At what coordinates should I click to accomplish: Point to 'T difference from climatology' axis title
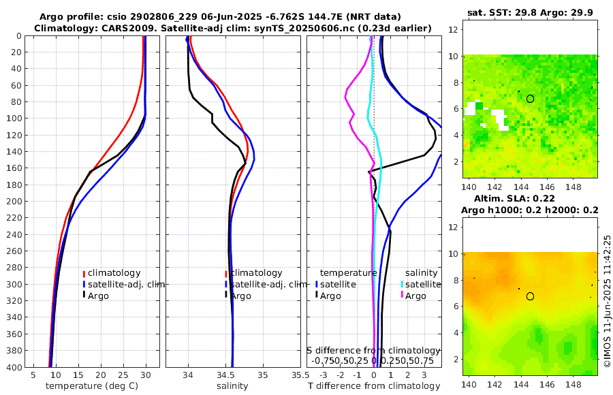point(374,386)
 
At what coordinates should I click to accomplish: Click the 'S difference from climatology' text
point(373,349)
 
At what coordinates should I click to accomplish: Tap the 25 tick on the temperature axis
point(123,375)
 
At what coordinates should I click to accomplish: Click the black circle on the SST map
point(530,99)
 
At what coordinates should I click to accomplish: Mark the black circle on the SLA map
point(530,296)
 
